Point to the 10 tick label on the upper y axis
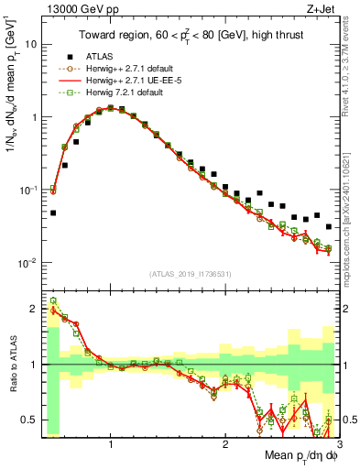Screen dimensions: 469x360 coord(30,44)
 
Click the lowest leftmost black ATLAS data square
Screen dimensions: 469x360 coord(53,213)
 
